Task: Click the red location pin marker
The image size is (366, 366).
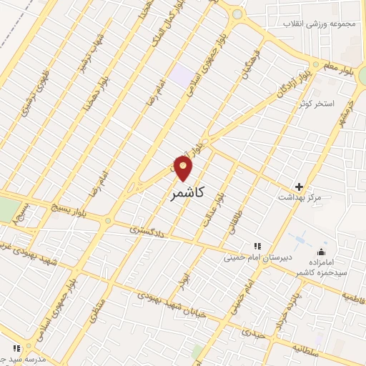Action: [184, 169]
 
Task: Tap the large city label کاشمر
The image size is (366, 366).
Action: [188, 193]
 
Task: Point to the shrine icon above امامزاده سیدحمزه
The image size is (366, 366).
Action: [320, 252]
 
